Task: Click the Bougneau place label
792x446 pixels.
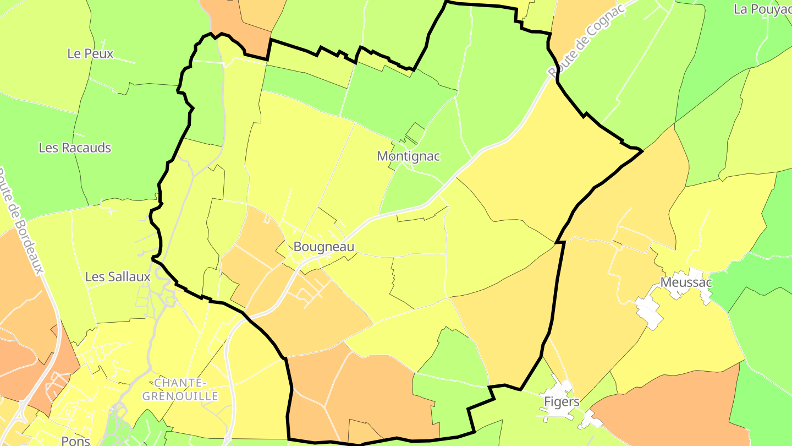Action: [323, 247]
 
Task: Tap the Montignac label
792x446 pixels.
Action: [408, 156]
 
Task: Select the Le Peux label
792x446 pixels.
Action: [90, 54]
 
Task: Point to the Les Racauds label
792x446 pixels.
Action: [75, 148]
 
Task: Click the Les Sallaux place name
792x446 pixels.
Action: [118, 277]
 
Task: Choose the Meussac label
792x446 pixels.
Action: [686, 283]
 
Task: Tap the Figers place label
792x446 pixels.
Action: [562, 402]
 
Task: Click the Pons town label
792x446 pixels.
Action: [76, 440]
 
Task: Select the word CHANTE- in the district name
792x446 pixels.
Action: [180, 383]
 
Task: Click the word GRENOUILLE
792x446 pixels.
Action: [180, 396]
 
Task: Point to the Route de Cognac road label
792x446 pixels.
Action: [586, 41]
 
